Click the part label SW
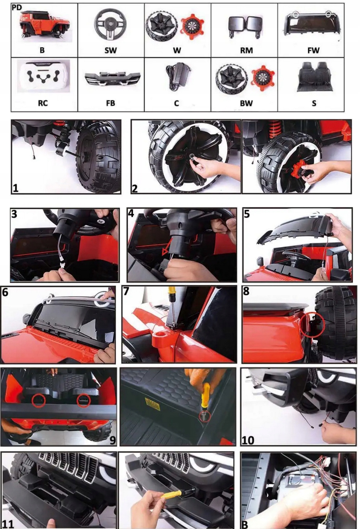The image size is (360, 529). (110, 50)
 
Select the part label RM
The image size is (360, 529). (246, 50)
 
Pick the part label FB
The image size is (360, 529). (110, 103)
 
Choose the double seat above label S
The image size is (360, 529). (314, 77)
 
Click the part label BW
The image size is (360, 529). (246, 103)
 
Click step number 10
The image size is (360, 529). (248, 440)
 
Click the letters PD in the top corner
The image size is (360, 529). (17, 8)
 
